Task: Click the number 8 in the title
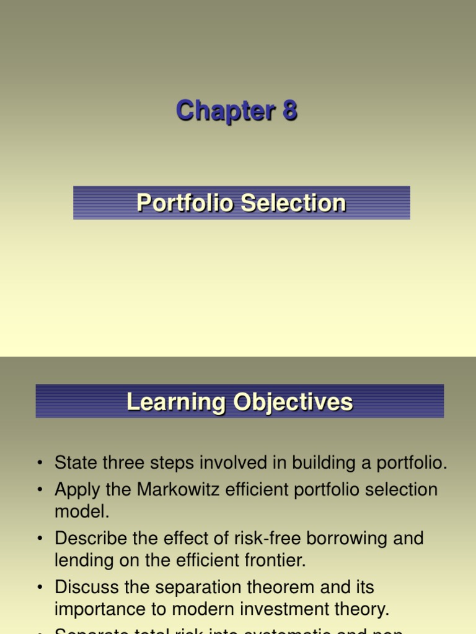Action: pos(289,111)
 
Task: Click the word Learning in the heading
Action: pos(176,402)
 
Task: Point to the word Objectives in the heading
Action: pos(293,402)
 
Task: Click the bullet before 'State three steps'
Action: pos(40,463)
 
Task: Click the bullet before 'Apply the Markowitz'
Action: pos(40,490)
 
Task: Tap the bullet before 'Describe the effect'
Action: pos(40,539)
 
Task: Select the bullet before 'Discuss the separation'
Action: pos(40,587)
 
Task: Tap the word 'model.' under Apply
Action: pos(82,511)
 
